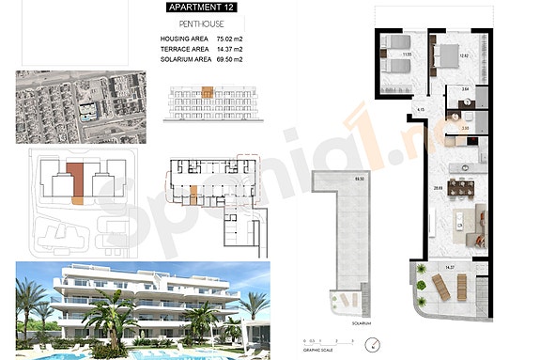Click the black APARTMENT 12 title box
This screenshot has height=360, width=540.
[201, 8]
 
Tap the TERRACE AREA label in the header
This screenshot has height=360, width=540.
[184, 48]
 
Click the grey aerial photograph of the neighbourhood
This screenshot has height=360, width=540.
[81, 105]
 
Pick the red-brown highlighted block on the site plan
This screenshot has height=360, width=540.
[80, 180]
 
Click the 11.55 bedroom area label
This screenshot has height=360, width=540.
[408, 55]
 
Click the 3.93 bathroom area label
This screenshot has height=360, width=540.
[465, 127]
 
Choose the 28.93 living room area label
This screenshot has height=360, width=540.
[436, 188]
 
